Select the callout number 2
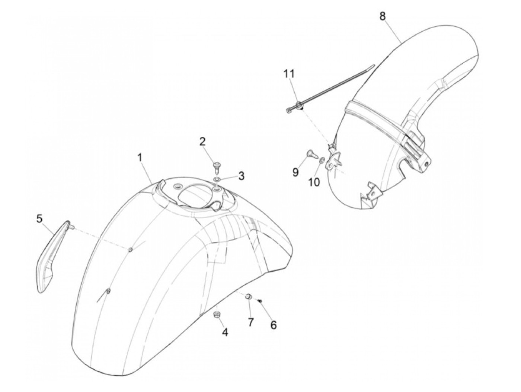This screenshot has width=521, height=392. pos(202,142)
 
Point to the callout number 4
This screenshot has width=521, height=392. pos(225,332)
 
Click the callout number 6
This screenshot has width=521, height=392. pos(274,325)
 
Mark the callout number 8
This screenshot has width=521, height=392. pos(383,16)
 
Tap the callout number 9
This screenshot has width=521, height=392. pos(295,172)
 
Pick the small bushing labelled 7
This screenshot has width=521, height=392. pos(248,297)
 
